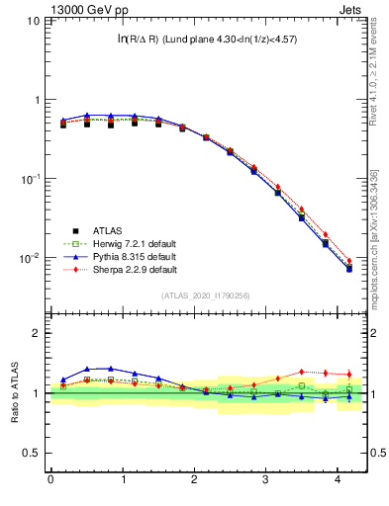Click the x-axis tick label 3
266,480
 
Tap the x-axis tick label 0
50,480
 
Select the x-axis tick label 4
339,480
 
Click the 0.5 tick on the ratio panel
33,454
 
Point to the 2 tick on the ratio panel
38,333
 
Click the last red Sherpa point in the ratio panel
347,375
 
